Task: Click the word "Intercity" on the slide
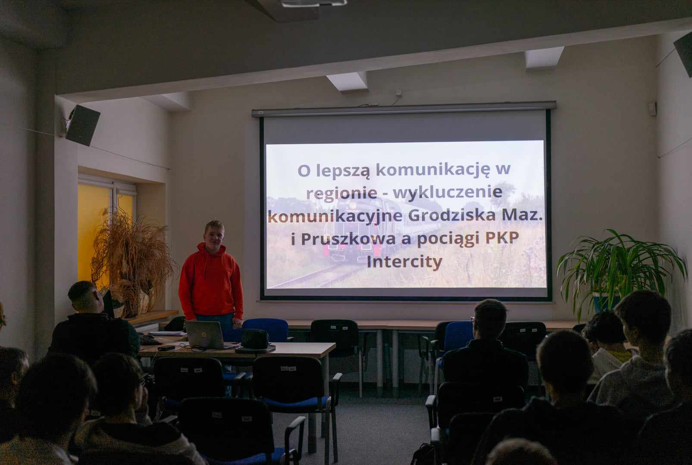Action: click(x=404, y=262)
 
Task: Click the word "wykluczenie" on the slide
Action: click(x=448, y=192)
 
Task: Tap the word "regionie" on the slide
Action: click(x=342, y=193)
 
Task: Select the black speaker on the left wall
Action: click(x=82, y=125)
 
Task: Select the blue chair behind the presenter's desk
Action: click(x=265, y=330)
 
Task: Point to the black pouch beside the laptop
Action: click(x=254, y=339)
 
